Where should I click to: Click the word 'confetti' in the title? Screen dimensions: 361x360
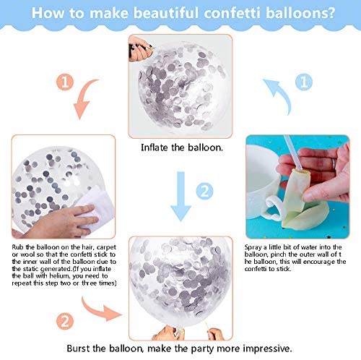coord(232,13)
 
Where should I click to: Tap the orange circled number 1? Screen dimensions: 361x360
coord(65,82)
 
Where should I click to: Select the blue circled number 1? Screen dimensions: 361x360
coord(304,82)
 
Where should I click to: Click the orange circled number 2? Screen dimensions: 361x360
coord(65,321)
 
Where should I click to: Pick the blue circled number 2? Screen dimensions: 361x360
coord(204,191)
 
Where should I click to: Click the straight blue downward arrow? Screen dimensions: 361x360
coord(180,196)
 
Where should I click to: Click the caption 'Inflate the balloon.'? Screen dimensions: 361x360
coord(182,147)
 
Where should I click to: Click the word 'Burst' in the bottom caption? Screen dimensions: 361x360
coord(78,348)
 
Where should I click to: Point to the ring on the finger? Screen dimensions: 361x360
coord(334,164)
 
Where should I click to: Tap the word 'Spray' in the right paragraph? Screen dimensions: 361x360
coord(253,247)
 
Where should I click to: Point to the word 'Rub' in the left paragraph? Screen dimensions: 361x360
coord(17,247)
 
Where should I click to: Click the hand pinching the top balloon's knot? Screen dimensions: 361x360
coord(139,49)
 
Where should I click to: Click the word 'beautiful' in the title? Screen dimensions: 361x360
coord(166,13)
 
